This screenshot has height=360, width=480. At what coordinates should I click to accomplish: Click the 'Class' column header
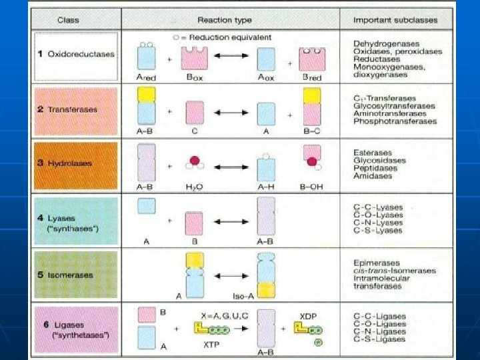click(68, 20)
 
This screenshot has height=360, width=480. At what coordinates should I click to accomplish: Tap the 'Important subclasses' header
click(395, 20)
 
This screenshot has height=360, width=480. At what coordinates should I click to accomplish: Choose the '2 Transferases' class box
click(75, 109)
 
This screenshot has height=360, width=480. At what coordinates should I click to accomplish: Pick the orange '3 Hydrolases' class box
click(75, 163)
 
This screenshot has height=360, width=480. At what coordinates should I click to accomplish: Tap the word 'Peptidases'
click(375, 168)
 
